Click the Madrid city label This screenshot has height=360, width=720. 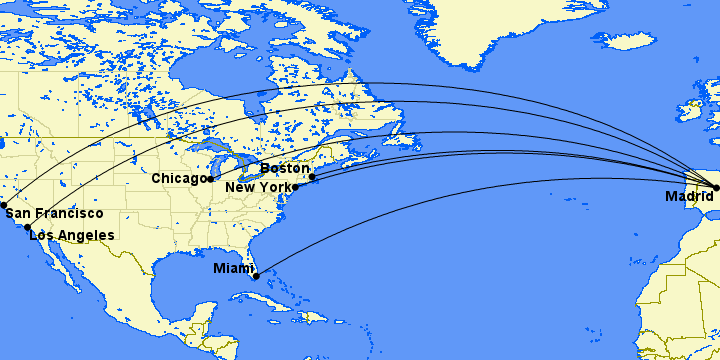click(689, 197)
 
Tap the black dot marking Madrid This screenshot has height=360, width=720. click(716, 187)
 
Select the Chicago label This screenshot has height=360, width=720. click(179, 178)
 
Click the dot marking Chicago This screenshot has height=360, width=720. click(210, 179)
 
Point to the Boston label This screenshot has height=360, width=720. click(285, 168)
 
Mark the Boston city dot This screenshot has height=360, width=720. click(312, 177)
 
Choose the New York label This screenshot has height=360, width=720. click(259, 187)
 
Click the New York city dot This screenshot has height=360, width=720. click(295, 187)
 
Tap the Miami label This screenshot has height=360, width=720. click(233, 268)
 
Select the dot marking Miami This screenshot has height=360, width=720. click(256, 276)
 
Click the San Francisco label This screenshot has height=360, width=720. click(54, 213)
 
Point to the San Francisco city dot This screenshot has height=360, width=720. click(4, 204)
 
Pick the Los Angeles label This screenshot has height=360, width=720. click(72, 235)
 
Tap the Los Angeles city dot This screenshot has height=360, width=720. click(27, 228)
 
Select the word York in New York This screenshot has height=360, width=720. click(275, 187)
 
